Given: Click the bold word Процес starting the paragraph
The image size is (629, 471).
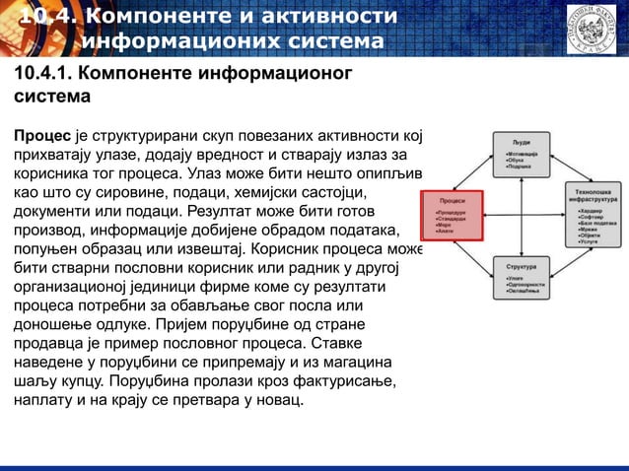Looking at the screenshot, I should pyautogui.click(x=40, y=135).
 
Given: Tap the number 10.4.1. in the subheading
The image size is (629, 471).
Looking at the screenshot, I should pyautogui.click(x=40, y=76).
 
